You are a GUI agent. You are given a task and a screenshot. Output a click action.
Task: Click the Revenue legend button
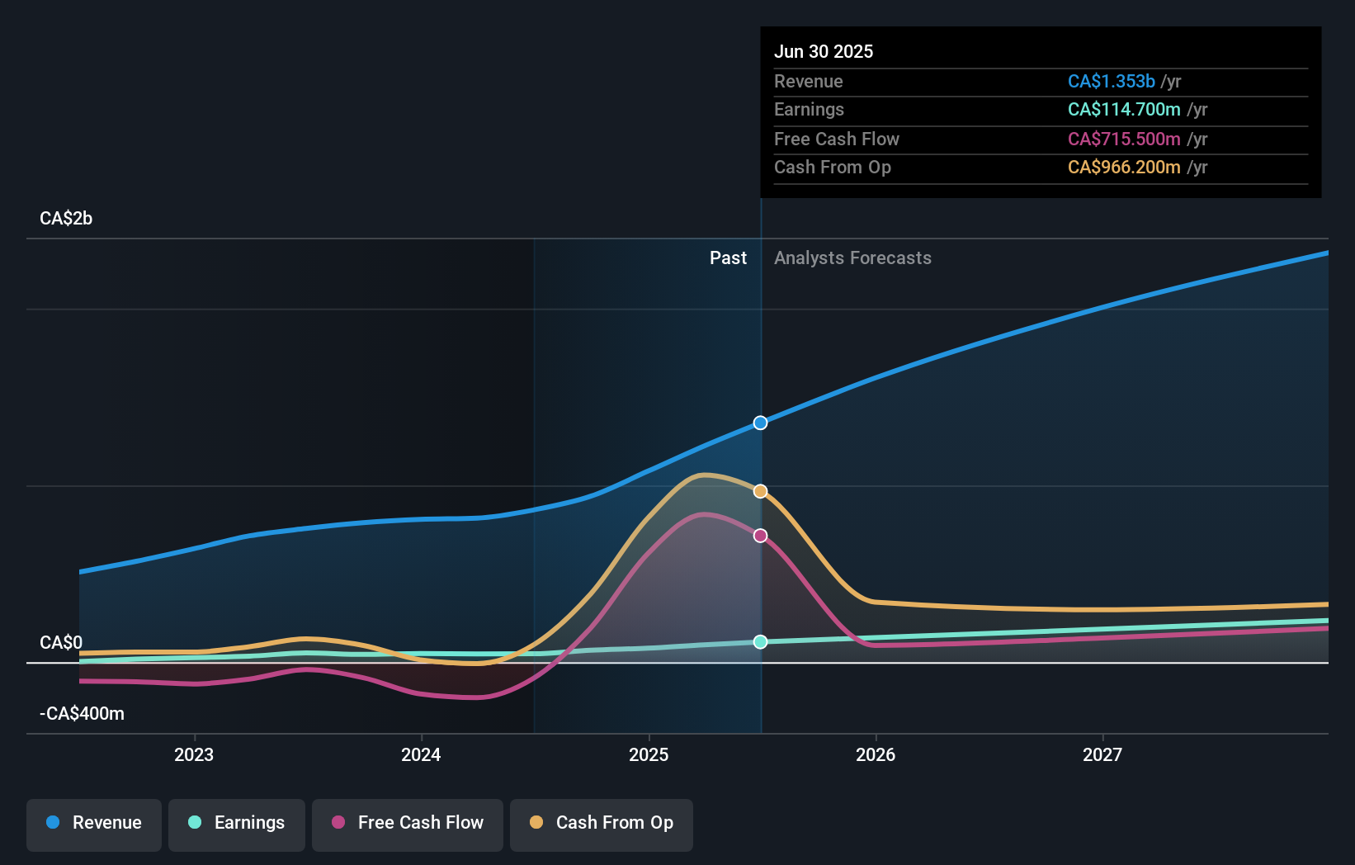pyautogui.click(x=94, y=823)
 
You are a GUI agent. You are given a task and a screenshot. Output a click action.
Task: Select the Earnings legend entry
pyautogui.click(x=237, y=823)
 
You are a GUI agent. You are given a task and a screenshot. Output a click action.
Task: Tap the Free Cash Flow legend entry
pyautogui.click(x=408, y=823)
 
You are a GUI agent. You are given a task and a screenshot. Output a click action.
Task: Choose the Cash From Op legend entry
pyautogui.click(x=602, y=823)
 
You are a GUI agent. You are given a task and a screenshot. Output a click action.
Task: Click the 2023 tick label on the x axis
pyautogui.click(x=194, y=754)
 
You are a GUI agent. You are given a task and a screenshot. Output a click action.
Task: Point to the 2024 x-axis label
pyautogui.click(x=421, y=754)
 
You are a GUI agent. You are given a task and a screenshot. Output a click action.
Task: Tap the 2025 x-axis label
pyautogui.click(x=649, y=754)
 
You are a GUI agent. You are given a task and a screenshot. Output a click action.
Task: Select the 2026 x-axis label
pyautogui.click(x=876, y=754)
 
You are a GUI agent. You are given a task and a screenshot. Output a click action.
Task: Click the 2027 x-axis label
pyautogui.click(x=1102, y=754)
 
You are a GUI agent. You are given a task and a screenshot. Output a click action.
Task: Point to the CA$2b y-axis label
pyautogui.click(x=66, y=219)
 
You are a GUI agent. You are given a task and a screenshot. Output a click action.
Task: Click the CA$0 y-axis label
pyautogui.click(x=61, y=642)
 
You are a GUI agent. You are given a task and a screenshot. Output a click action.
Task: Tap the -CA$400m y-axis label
pyautogui.click(x=83, y=713)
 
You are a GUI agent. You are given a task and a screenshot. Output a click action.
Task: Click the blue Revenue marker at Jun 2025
pyautogui.click(x=760, y=423)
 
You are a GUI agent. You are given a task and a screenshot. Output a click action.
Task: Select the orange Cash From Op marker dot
pyautogui.click(x=760, y=491)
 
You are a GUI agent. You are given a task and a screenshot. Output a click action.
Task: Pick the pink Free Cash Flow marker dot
pyautogui.click(x=760, y=536)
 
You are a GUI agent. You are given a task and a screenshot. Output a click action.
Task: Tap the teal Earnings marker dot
pyautogui.click(x=760, y=641)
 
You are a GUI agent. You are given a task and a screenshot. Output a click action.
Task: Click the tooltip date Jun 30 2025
pyautogui.click(x=824, y=51)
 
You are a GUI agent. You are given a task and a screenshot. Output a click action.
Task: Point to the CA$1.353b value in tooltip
pyautogui.click(x=1111, y=81)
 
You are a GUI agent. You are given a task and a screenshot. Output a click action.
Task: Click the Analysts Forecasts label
pyautogui.click(x=852, y=258)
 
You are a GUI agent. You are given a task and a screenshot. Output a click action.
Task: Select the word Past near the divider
pyautogui.click(x=728, y=258)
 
